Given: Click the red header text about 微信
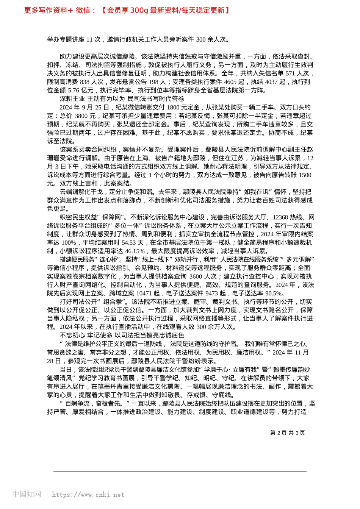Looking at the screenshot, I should pyautogui.click(x=127, y=11).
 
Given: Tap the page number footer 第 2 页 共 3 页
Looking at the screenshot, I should pyautogui.click(x=287, y=433).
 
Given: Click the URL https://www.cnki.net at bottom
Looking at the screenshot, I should pyautogui.click(x=88, y=495).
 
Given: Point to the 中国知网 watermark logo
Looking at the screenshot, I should pyautogui.click(x=27, y=494).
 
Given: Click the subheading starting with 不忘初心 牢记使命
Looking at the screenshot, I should pyautogui.click(x=122, y=336).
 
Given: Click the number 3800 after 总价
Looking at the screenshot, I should pyautogui.click(x=81, y=116).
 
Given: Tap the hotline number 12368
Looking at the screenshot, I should pyautogui.click(x=280, y=217).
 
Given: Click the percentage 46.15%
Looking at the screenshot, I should pyautogui.click(x=135, y=251).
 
